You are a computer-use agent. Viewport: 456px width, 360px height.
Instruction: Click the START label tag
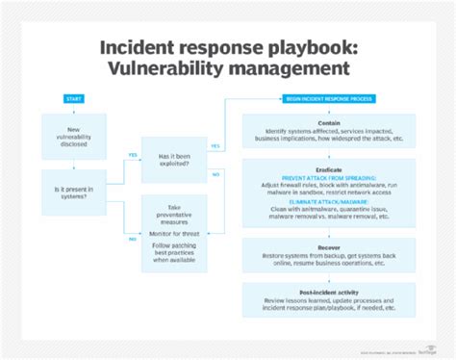coord(74,99)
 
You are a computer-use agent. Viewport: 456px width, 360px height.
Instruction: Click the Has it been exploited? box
coord(173,157)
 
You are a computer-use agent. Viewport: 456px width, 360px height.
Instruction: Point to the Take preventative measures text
coord(173,213)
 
